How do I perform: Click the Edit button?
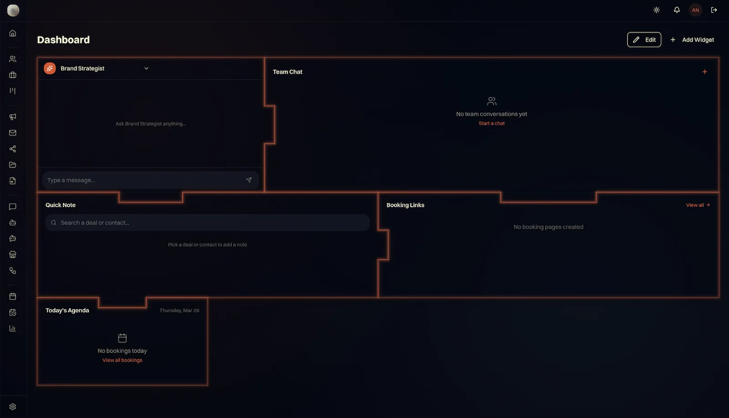point(644,40)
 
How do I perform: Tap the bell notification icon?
point(677,10)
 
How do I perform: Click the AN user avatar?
point(695,10)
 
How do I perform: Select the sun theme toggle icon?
point(657,10)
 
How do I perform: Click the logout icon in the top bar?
point(714,10)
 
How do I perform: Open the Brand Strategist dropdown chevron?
point(146,68)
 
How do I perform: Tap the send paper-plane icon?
point(249,180)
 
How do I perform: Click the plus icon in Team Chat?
point(704,72)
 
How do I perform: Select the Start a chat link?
point(492,123)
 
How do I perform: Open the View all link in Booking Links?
point(698,205)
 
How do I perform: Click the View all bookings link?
point(122,360)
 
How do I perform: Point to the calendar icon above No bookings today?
point(122,338)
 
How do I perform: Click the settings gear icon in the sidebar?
point(13,407)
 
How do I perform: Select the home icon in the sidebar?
point(13,33)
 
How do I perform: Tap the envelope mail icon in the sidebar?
point(13,133)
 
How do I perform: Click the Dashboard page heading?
point(63,40)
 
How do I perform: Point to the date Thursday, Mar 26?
point(179,311)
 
